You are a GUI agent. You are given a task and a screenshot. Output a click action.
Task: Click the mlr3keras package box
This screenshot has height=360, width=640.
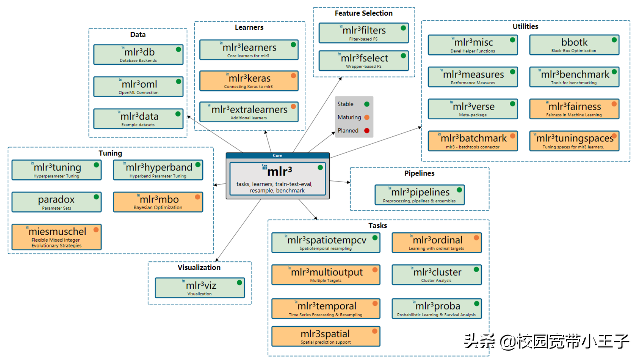coord(249,81)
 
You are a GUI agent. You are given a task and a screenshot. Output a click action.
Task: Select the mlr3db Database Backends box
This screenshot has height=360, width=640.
coord(138,54)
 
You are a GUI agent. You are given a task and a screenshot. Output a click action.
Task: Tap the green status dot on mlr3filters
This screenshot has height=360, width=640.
coord(403,28)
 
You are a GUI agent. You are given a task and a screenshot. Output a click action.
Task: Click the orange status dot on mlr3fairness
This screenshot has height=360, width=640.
coord(614,104)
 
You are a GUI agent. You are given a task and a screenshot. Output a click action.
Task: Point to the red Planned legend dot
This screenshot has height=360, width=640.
coord(367,131)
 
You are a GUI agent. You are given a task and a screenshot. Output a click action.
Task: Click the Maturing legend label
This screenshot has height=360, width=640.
coord(349,117)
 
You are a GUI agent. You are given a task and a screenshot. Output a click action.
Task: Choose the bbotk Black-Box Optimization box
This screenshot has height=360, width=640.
coord(574,45)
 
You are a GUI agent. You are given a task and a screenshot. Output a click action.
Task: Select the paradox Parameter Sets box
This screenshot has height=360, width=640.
coord(56,202)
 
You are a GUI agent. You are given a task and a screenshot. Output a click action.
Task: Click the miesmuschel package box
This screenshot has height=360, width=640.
coord(56,237)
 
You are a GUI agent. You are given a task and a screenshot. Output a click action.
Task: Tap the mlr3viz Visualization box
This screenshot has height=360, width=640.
coord(200,288)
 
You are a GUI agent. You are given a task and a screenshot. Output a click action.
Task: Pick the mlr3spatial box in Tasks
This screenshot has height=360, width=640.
coord(326,336)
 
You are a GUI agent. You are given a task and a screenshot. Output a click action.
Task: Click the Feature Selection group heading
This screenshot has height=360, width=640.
coord(364,13)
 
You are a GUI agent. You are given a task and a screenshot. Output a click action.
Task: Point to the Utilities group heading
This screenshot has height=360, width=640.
coord(525,26)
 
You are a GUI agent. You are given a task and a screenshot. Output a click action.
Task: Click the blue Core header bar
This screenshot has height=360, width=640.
coord(277,156)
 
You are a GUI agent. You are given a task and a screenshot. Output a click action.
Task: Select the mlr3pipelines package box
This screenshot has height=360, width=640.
coord(419,195)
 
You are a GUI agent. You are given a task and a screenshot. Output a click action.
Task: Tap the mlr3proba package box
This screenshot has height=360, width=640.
coord(437,309)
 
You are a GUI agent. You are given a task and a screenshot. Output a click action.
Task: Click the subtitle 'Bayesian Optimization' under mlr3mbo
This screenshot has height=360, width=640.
coord(158,208)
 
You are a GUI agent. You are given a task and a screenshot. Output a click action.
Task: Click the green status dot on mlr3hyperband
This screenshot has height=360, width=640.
coord(198,165)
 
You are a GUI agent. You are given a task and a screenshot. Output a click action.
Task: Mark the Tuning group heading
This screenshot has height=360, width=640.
coord(110,153)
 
